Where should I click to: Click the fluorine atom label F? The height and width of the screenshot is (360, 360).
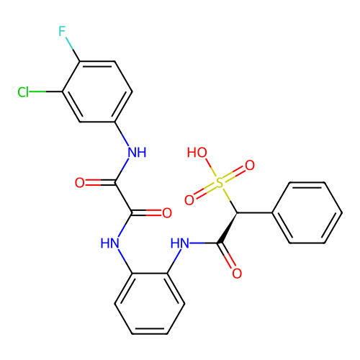[62, 31]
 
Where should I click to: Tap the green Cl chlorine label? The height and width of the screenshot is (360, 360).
[23, 92]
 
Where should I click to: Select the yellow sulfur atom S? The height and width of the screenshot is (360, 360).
[220, 183]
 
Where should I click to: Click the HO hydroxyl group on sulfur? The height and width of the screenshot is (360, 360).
[197, 153]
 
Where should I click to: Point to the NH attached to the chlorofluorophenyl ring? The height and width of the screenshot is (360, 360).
[137, 153]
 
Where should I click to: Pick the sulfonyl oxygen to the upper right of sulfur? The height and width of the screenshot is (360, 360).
[250, 166]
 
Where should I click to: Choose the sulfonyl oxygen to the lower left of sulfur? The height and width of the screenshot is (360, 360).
[189, 200]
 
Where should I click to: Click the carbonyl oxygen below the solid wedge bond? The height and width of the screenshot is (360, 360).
[237, 274]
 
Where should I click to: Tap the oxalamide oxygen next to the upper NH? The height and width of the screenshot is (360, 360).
[80, 183]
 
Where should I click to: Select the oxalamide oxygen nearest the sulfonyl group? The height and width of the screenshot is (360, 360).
[167, 213]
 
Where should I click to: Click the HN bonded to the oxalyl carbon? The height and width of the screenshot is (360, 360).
[109, 243]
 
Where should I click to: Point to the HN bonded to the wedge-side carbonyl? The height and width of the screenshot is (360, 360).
[180, 243]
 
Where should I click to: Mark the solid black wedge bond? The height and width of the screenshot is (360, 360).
[228, 228]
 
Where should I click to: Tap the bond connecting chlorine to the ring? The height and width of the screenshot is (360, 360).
[46, 91]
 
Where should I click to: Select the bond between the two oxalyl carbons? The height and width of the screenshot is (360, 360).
[124, 198]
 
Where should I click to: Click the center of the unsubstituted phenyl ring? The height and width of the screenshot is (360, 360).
[307, 212]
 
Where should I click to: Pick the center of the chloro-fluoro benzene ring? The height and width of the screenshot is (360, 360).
[97, 91]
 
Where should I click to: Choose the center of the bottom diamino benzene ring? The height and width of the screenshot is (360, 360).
[150, 304]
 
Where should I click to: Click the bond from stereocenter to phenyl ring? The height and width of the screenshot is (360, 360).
[255, 212]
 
